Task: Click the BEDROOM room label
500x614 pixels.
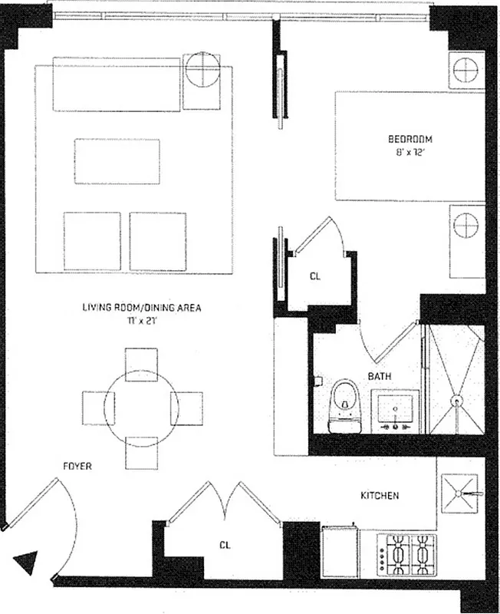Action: tap(410, 140)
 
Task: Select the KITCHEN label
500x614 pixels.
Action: tap(380, 496)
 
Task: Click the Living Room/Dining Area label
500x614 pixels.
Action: tap(142, 308)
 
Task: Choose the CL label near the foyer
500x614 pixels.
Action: tap(225, 546)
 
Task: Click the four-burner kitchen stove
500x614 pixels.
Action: tap(406, 553)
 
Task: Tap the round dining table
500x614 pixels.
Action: tap(141, 407)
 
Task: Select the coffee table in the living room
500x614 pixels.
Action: tap(117, 160)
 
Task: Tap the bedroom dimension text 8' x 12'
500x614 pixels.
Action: tap(410, 153)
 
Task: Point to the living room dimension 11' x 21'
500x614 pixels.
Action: tap(142, 321)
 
